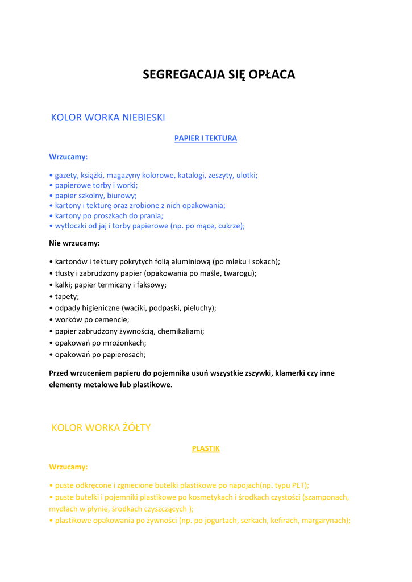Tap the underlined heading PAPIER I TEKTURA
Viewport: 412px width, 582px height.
click(x=206, y=138)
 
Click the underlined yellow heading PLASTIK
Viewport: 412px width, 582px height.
click(x=206, y=448)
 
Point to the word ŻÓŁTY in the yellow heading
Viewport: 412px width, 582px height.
click(x=134, y=427)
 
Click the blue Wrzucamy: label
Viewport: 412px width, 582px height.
click(x=68, y=156)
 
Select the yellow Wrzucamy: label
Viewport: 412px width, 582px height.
click(x=68, y=467)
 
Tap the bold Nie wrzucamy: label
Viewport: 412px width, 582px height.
click(x=74, y=243)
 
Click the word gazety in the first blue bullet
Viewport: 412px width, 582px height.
click(x=66, y=176)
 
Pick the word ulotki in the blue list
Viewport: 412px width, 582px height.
click(x=246, y=176)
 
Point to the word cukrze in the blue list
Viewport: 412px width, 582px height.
click(x=232, y=226)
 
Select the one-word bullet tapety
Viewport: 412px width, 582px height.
click(x=66, y=296)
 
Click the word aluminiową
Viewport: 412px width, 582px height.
click(x=189, y=261)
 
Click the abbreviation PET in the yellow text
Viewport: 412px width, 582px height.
click(x=298, y=485)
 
